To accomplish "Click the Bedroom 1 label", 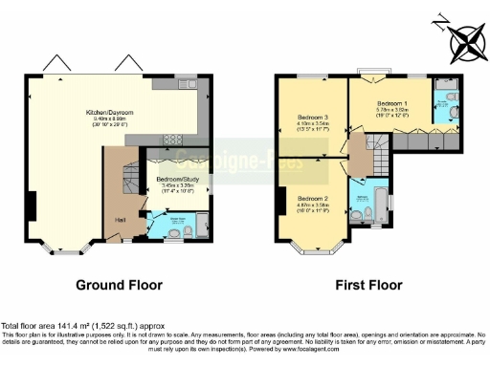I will point(390,101).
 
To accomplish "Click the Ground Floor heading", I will point(119,284).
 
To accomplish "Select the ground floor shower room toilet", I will point(188,231).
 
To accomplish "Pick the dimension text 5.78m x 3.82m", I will point(390,109).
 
